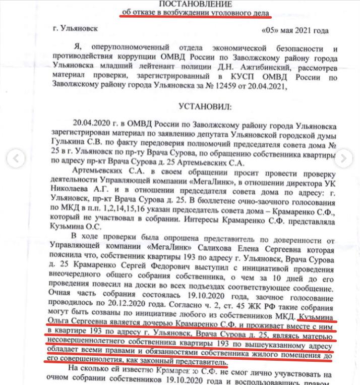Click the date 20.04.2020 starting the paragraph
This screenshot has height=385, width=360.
(91, 124)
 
